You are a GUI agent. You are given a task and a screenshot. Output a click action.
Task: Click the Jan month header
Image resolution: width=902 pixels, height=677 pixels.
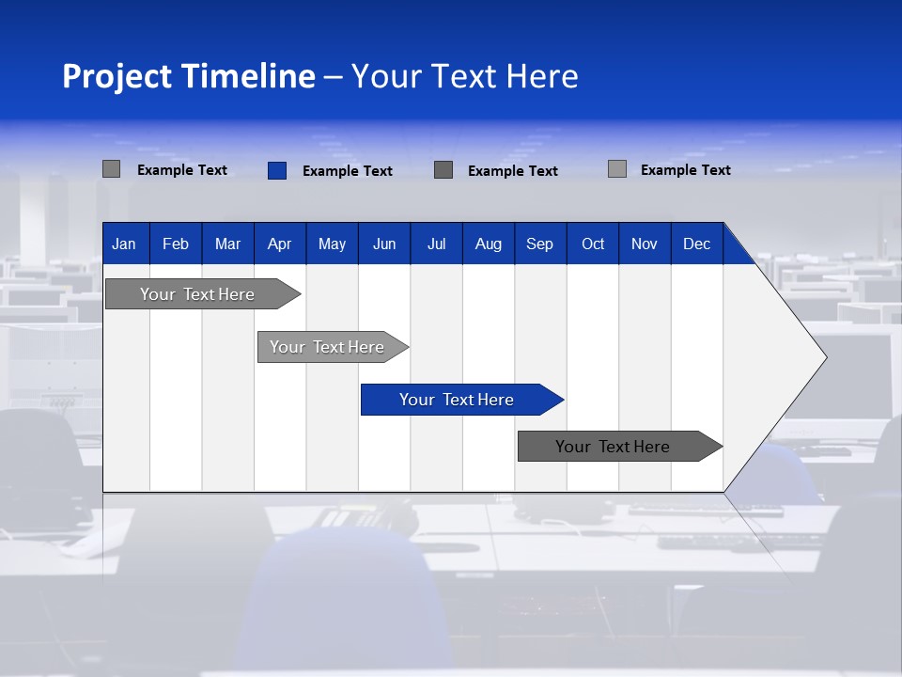tap(125, 244)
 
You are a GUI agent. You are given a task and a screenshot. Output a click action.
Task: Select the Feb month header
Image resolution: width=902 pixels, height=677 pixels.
tap(176, 244)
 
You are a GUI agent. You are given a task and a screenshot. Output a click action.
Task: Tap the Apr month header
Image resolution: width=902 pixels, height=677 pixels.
tap(280, 244)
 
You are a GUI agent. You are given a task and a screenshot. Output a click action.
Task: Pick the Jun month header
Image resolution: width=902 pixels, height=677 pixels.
tap(384, 244)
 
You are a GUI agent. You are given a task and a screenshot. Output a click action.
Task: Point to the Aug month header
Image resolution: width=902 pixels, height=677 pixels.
tap(489, 244)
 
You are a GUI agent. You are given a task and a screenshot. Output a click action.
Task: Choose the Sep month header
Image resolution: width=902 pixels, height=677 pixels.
tap(540, 244)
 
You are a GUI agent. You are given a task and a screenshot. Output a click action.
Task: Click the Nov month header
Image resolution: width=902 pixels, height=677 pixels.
tap(645, 244)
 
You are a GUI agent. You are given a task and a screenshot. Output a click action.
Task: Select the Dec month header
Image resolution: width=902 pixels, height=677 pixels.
tap(697, 244)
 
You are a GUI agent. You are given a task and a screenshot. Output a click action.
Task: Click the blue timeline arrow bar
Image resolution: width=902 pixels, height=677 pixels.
tap(457, 400)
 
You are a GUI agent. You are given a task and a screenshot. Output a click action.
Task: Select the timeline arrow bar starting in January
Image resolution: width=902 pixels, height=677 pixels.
tap(197, 294)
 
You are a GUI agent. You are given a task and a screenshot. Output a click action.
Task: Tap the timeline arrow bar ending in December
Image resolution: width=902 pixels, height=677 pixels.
tap(614, 447)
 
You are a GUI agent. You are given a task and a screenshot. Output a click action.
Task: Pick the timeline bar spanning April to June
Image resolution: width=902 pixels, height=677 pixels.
tap(327, 347)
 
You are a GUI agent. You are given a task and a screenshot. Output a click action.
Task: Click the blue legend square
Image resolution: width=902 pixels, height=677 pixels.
tap(277, 170)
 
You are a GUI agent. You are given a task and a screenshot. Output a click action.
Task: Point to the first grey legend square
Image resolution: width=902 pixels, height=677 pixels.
tap(112, 169)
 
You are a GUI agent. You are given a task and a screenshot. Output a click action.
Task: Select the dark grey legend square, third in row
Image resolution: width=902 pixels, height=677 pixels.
tap(443, 169)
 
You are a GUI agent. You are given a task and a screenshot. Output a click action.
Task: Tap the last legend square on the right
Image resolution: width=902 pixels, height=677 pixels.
tap(617, 169)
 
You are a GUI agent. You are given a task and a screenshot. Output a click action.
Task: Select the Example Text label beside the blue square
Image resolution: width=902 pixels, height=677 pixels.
tap(348, 171)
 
